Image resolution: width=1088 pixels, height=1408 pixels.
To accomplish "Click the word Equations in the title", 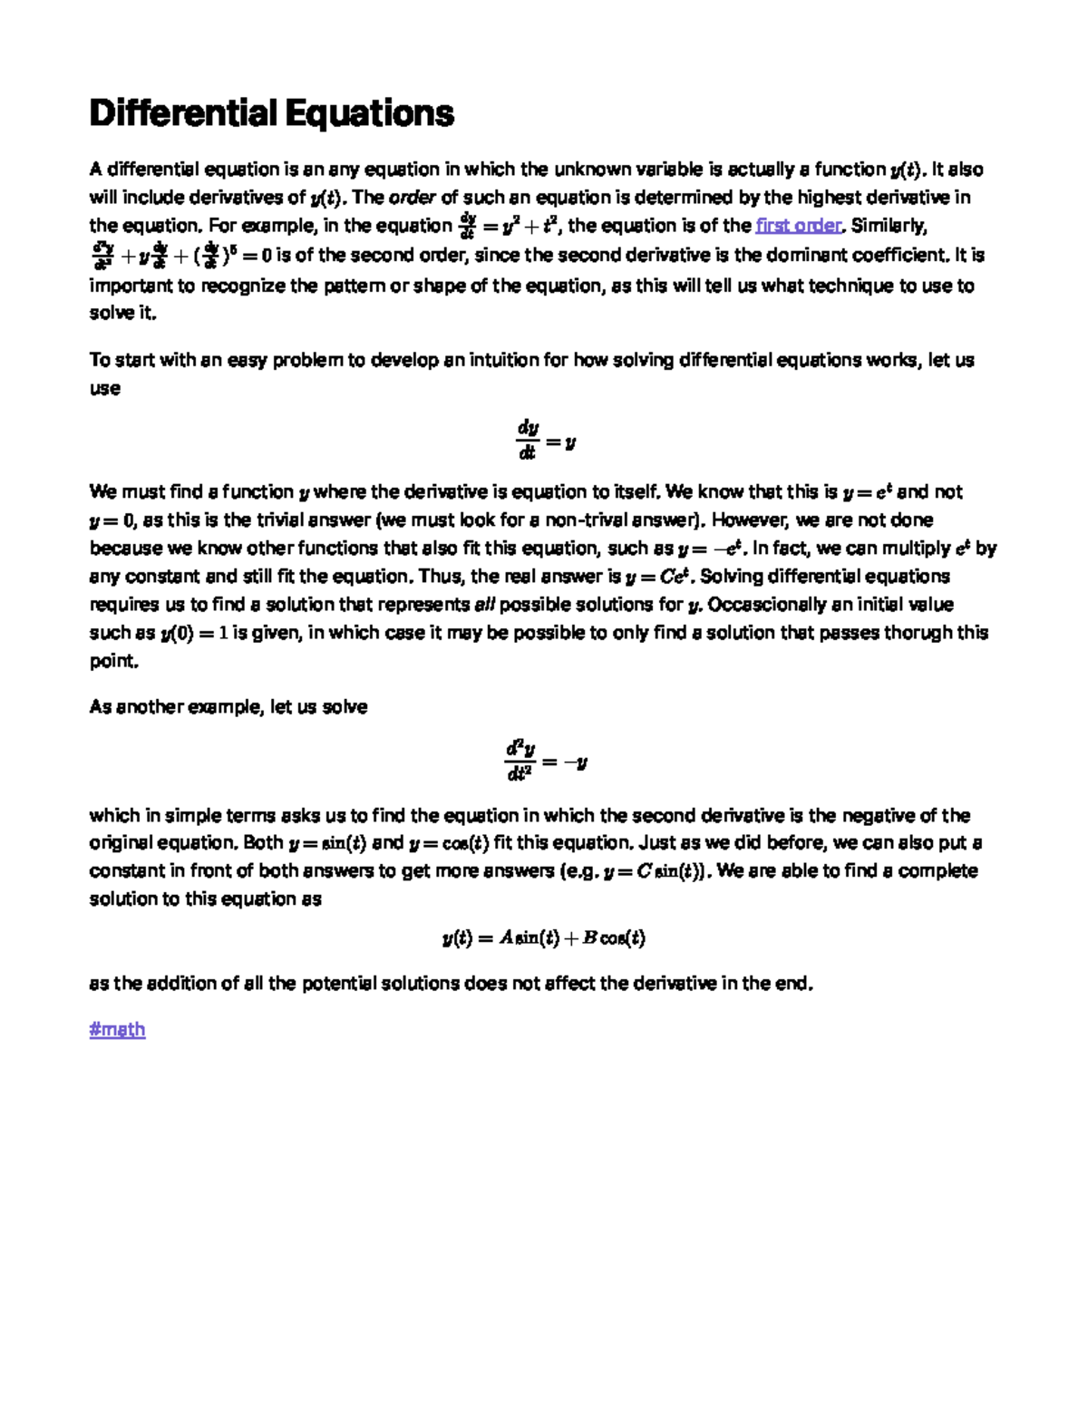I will (369, 114).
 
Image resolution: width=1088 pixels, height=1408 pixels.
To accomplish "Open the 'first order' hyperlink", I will (799, 226).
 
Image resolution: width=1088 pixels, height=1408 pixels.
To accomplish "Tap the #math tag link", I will (117, 1029).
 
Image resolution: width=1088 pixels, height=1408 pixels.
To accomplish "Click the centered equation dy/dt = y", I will (545, 440).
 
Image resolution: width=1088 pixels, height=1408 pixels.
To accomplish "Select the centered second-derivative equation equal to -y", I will (545, 761).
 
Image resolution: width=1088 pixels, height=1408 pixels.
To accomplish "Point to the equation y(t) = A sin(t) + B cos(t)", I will (544, 938).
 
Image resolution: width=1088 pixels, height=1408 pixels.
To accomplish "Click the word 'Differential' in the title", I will (182, 114).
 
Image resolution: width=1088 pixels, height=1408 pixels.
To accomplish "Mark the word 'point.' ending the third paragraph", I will (114, 661).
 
